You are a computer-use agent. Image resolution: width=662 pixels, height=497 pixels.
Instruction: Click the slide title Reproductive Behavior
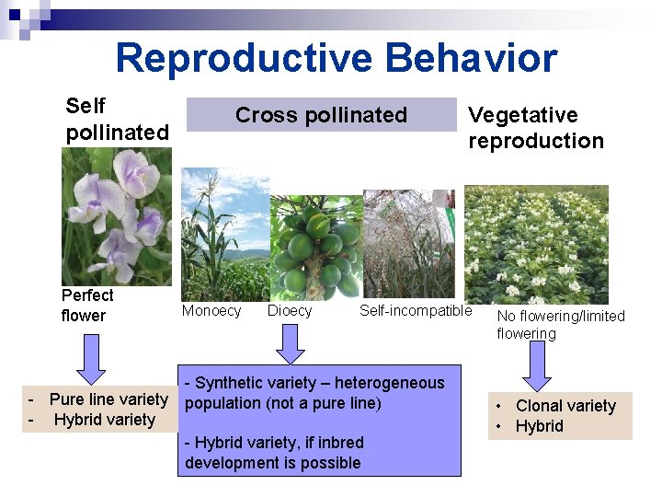[x=336, y=58]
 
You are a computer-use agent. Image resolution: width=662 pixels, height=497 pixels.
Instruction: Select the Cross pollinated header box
[x=321, y=115]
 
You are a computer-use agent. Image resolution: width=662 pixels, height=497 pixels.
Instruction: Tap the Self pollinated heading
[x=117, y=120]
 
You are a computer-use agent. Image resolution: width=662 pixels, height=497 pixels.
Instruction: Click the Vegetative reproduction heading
[x=535, y=128]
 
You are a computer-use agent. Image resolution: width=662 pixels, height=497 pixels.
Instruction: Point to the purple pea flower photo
[x=116, y=216]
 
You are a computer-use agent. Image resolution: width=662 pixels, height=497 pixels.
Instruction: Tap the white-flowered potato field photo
[x=535, y=244]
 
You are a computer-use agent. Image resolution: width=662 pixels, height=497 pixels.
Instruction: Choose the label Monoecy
[x=211, y=311]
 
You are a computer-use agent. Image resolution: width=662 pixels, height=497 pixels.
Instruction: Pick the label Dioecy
[x=290, y=311]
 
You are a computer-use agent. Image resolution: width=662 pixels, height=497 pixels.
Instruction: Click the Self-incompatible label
[x=415, y=311]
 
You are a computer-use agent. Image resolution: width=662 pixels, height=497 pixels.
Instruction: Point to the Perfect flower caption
[x=87, y=306]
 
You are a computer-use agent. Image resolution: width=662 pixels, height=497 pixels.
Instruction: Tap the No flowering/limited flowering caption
[x=560, y=325]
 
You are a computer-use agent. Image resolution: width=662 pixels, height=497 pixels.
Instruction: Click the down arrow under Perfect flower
[x=91, y=358]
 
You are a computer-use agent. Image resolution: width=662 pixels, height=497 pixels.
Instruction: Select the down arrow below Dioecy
[x=291, y=343]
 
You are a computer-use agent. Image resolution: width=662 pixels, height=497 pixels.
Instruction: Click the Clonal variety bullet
[x=565, y=406]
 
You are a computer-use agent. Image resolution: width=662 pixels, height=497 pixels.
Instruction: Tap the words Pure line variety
[x=108, y=399]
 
